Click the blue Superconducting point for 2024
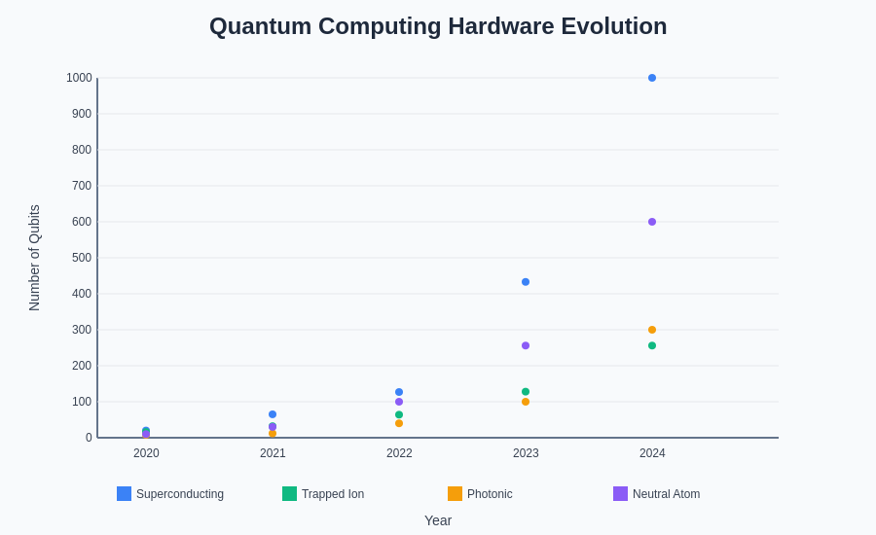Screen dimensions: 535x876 [652, 78]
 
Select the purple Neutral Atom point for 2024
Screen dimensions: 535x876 [652, 222]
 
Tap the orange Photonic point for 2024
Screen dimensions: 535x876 [652, 330]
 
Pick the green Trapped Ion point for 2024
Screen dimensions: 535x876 [652, 345]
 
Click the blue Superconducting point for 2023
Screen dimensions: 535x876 [526, 282]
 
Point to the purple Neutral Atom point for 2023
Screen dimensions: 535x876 [526, 345]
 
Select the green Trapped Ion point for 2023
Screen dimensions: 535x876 [526, 392]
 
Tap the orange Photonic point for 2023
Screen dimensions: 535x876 [526, 402]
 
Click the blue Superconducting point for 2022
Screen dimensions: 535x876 [399, 392]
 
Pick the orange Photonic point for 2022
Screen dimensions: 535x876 [399, 423]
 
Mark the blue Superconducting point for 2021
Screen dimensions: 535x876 [273, 414]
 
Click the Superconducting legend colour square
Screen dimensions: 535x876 [124, 493]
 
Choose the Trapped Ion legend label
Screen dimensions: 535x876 [333, 494]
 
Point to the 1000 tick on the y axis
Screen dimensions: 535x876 [79, 78]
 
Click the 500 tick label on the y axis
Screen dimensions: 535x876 [81, 258]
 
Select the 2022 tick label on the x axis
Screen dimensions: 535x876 [399, 453]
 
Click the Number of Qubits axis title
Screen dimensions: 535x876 [34, 258]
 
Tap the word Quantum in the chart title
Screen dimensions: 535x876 [254, 26]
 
